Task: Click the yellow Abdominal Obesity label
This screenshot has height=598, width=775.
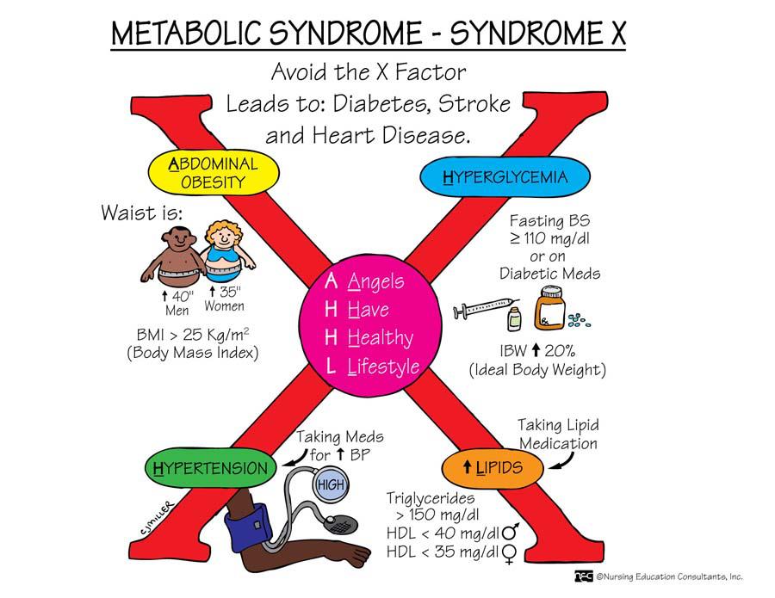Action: pos(214,172)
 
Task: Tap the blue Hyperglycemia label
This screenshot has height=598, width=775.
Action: pos(505,178)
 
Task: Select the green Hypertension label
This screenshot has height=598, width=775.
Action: pos(211,469)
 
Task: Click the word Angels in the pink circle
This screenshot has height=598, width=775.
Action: pos(375,281)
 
